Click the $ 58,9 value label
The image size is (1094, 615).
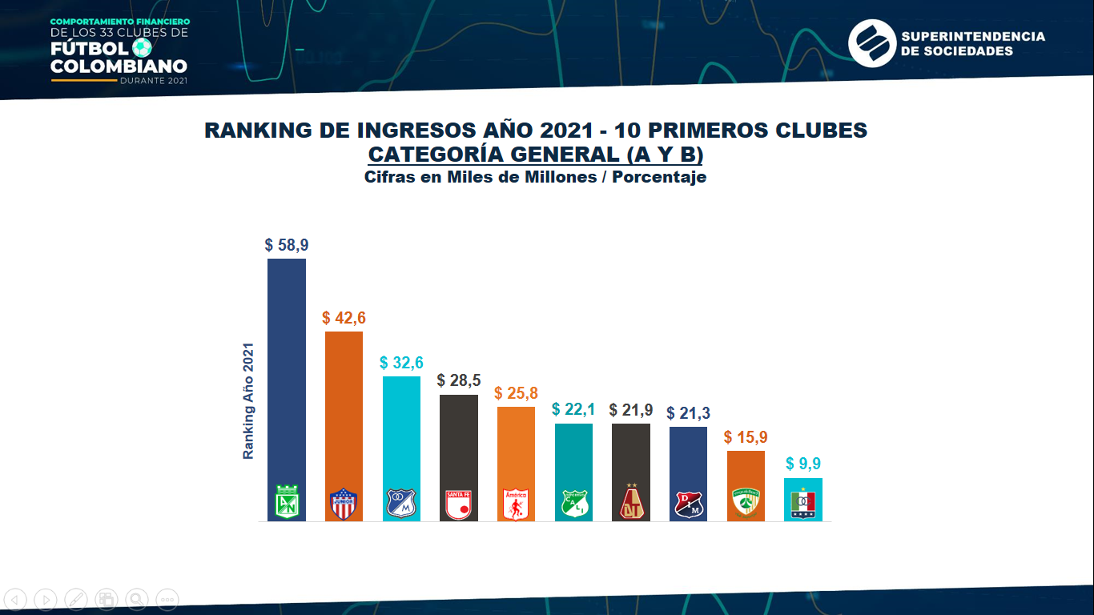(x=286, y=245)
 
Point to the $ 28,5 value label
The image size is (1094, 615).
(x=459, y=380)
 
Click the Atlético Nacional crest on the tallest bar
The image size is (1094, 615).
(x=287, y=503)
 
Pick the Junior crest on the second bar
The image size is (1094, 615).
(x=344, y=504)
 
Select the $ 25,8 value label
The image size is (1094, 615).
(x=516, y=393)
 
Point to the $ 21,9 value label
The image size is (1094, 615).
(x=631, y=410)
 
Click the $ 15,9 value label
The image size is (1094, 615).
(x=746, y=437)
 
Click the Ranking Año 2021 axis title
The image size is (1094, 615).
(x=248, y=401)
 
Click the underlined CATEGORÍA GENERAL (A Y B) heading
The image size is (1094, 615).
(x=536, y=155)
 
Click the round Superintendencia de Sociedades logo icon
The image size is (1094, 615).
(x=871, y=43)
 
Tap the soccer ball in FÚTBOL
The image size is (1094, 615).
(x=142, y=48)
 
